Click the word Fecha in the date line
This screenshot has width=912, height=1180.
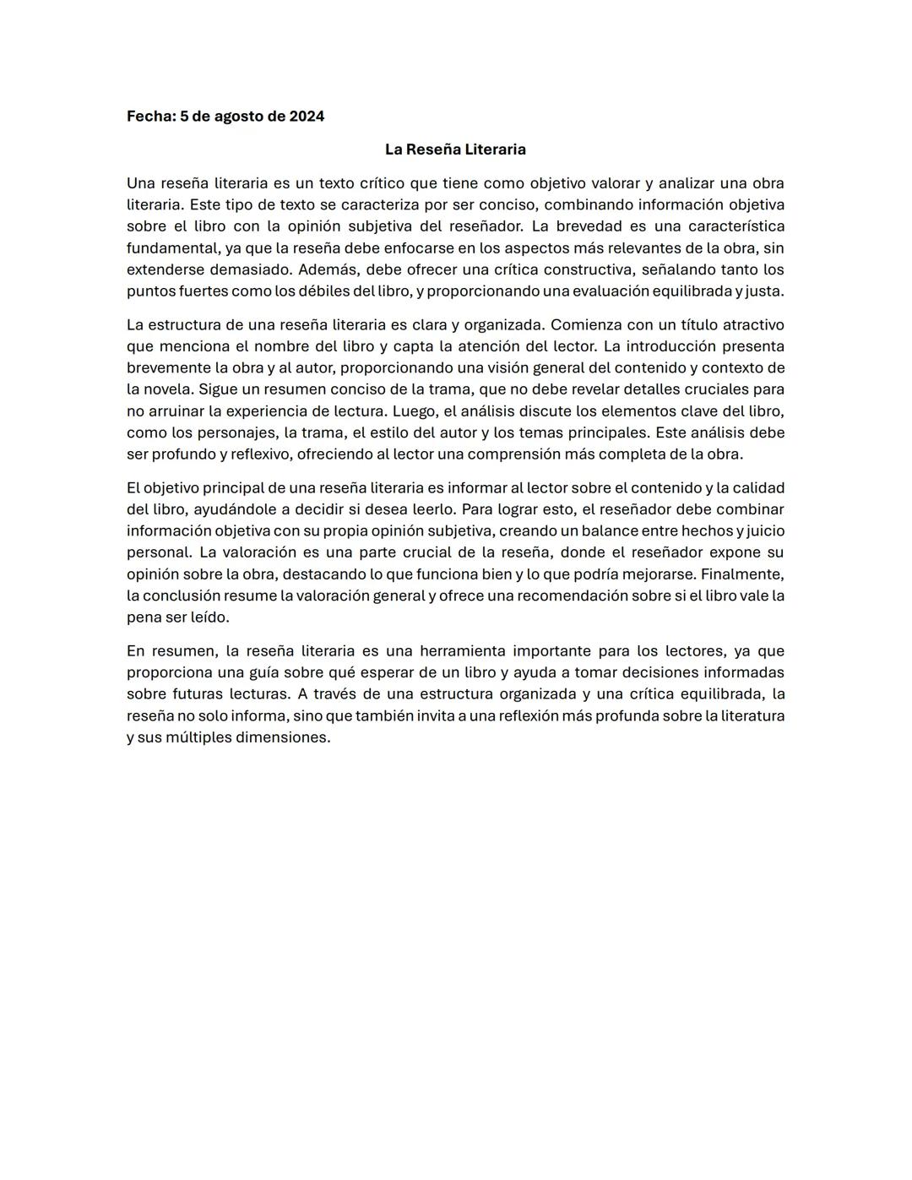[149, 117]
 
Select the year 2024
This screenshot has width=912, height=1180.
[307, 117]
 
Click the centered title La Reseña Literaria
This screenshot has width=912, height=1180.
[455, 150]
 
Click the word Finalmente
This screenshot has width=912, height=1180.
[742, 574]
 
